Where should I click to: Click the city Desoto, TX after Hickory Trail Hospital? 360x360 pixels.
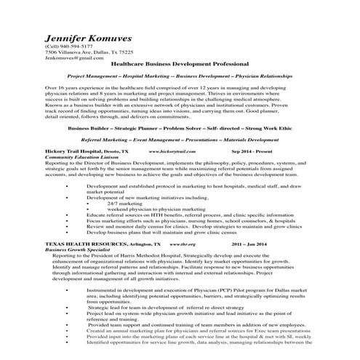coord(116,151)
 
